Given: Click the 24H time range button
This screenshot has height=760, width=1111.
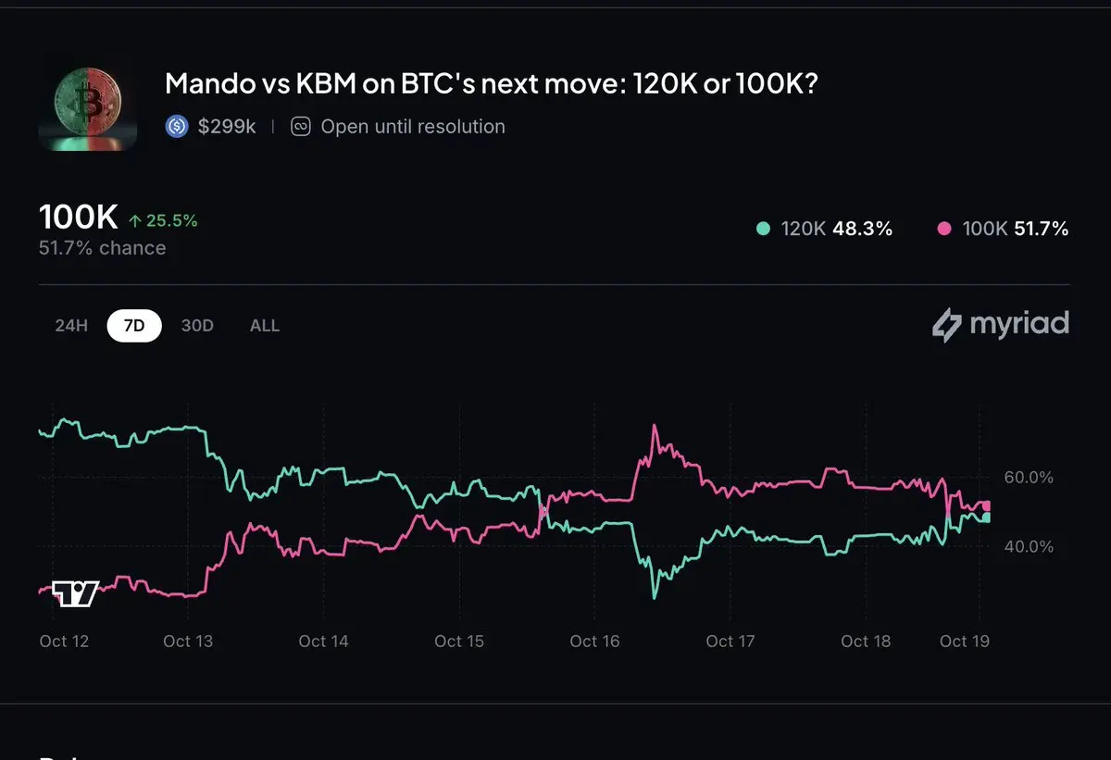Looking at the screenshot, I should [70, 326].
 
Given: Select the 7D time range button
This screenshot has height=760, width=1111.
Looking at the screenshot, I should [134, 326].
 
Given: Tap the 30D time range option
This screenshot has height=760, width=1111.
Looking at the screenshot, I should [197, 326].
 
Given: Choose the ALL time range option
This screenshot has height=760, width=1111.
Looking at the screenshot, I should [265, 326].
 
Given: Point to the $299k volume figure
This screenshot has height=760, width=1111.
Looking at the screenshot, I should [227, 127].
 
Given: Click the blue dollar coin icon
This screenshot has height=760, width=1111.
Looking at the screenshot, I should [177, 127].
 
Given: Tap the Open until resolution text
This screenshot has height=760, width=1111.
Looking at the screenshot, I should [412, 127].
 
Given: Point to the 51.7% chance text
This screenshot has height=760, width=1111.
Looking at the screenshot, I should [103, 248].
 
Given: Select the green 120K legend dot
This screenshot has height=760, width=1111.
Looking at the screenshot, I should [763, 229].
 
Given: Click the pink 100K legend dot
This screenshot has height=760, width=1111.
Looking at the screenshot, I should [944, 229].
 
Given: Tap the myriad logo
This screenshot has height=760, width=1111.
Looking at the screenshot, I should [1000, 325].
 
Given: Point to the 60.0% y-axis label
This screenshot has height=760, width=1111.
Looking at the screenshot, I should [1029, 478].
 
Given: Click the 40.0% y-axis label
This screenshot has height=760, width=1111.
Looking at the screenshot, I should [1029, 546].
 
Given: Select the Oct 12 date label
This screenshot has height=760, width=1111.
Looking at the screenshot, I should [65, 641].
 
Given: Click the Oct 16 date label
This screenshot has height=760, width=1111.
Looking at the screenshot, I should [594, 641].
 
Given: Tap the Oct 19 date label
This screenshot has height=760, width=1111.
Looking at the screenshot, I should [965, 641].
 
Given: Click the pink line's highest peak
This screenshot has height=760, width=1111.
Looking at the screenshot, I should [655, 426].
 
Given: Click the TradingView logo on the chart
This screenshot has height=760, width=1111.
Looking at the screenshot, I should [75, 593].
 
